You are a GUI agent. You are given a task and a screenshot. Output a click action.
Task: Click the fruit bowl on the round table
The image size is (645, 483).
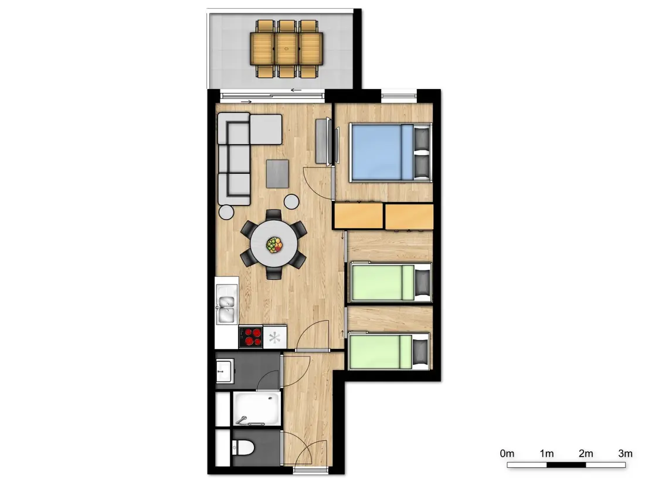tap(274, 245)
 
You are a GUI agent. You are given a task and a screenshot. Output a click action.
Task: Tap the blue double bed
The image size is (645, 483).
tap(391, 152)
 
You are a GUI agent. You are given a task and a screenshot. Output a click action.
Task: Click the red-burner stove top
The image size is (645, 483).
tap(251, 337)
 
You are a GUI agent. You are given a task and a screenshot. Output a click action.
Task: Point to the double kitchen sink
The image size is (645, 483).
tap(226, 309)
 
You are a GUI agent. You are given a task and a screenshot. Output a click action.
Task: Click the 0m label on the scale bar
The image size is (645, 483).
tap(507, 453)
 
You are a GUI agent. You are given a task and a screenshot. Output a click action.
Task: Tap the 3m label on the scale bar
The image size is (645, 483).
tap(625, 453)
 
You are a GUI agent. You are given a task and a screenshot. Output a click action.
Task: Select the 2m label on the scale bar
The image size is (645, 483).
tap(586, 453)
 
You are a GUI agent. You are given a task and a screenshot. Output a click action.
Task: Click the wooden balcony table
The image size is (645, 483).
tap(287, 49)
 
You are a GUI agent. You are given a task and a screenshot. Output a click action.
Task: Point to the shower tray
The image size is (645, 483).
tap(257, 409)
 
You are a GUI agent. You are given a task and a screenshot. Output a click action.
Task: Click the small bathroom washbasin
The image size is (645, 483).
tap(225, 371)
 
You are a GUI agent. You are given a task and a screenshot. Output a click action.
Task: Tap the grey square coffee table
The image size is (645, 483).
tap(278, 174)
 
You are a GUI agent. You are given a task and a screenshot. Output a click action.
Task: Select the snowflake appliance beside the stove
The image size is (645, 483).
tap(275, 337)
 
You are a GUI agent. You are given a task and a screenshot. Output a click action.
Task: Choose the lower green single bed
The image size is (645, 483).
tap(389, 352)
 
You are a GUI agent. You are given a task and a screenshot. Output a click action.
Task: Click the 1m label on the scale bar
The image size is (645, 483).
tap(546, 453)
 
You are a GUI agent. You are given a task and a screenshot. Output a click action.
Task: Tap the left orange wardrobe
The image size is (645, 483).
tap(358, 215)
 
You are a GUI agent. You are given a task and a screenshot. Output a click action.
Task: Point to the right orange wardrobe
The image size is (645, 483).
tap(409, 217)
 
